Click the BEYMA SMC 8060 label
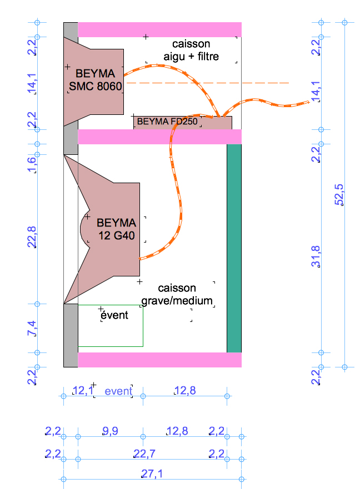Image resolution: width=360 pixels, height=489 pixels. (95, 80)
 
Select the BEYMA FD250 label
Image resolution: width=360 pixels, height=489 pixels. (167, 122)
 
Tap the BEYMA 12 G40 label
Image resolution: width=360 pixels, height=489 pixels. (117, 229)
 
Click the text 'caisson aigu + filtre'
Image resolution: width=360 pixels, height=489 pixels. (191, 50)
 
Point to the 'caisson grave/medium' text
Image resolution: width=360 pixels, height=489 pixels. (177, 294)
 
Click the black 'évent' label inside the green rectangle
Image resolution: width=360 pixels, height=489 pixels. (114, 315)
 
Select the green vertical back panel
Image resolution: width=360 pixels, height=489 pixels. (234, 248)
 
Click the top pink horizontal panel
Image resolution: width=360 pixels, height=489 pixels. (159, 29)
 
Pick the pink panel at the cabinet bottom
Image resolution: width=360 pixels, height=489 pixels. (159, 360)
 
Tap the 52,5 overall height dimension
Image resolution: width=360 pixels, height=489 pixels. (339, 195)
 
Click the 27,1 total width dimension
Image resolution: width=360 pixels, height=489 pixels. (152, 473)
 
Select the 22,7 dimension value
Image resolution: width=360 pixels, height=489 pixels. (144, 453)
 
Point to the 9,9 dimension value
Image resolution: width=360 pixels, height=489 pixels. (110, 431)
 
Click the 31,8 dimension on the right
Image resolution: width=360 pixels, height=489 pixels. (316, 256)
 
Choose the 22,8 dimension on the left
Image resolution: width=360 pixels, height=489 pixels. (32, 238)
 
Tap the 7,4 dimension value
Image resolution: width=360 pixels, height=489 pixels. (32, 329)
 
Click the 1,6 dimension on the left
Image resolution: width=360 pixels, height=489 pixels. (32, 165)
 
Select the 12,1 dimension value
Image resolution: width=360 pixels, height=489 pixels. (83, 390)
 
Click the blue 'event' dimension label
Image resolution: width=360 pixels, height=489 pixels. (118, 391)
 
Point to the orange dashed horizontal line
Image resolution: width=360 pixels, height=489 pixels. (208, 83)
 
